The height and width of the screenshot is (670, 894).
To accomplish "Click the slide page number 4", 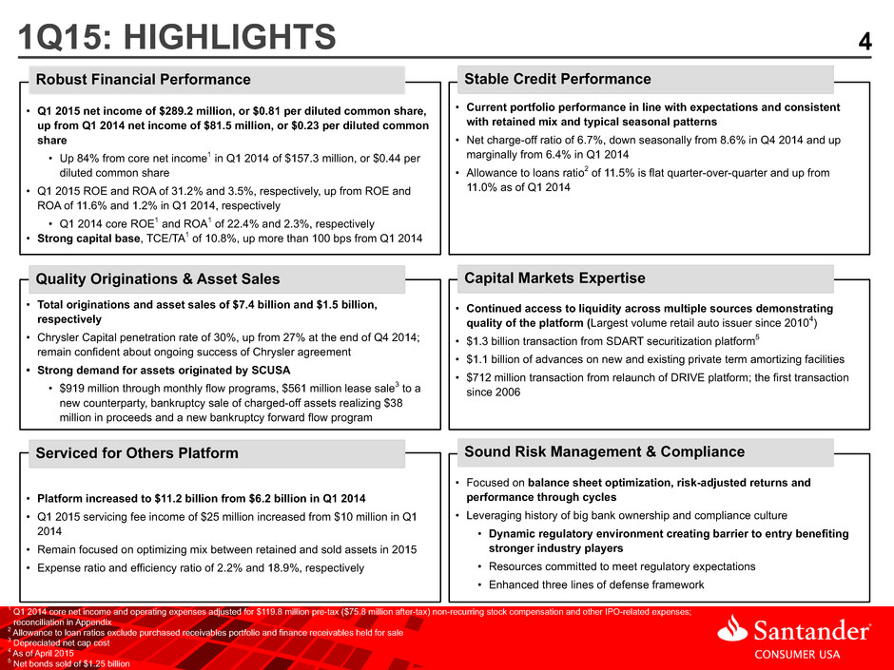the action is pos(865,42).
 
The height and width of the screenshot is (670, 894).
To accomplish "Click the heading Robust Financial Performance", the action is pos(143,79).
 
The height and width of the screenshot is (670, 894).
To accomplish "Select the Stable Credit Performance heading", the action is pos(557,79).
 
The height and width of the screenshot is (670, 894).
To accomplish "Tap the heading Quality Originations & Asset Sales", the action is pos(158,278).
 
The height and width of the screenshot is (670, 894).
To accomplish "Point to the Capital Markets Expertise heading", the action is pos(554,278).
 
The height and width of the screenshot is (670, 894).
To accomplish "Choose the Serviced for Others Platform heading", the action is pos(137,453).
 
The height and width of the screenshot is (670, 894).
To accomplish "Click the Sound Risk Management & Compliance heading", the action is pos(604,451).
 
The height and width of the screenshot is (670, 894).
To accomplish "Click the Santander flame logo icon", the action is pos(732,629).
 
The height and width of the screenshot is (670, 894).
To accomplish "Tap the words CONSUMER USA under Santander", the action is pos(797,654).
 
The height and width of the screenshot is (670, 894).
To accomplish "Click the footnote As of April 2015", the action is pos(44,654).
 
